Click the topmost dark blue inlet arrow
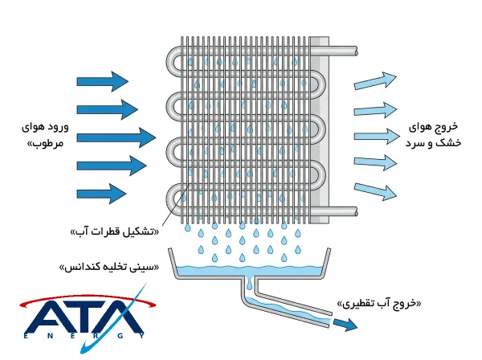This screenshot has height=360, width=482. (101, 80)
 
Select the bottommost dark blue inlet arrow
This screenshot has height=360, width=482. (101, 193)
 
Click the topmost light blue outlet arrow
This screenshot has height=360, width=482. (375, 81)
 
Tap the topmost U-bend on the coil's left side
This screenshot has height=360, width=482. (174, 60)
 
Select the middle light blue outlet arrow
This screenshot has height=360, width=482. (375, 134)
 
